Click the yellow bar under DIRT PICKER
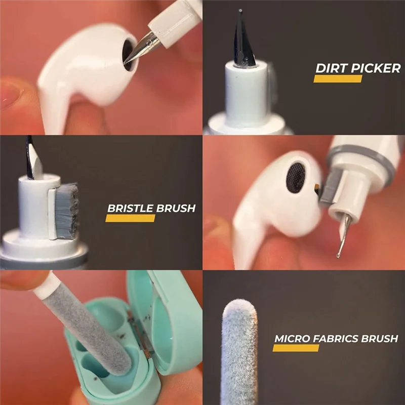(x=338, y=79)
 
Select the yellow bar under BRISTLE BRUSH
(x=130, y=219)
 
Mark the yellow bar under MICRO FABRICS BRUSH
(x=296, y=348)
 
